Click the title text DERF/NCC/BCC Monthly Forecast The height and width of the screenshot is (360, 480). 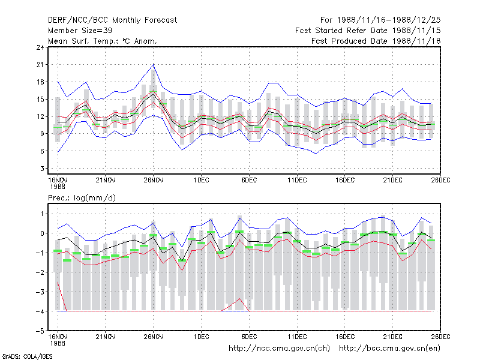coord(112,20)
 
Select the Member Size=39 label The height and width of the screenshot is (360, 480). coord(80,31)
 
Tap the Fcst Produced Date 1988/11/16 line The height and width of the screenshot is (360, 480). coord(376,41)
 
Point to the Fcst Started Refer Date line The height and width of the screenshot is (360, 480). coord(368,31)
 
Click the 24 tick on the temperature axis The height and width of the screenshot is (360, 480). coord(40,47)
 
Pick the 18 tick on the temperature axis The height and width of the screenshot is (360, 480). coord(40,82)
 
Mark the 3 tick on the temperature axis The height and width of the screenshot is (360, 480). coord(42,169)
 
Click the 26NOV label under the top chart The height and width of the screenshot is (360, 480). coord(154,180)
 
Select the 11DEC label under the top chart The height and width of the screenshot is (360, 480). coord(297,180)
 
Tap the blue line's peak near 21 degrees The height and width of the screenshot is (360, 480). coord(154,65)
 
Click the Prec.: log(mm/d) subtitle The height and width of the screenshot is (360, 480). coord(82,198)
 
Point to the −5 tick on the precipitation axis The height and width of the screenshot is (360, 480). coord(40,331)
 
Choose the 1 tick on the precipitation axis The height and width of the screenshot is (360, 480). coord(42,214)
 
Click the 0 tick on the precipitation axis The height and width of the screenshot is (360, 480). coord(42,233)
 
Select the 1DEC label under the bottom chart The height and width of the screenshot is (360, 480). coord(201,337)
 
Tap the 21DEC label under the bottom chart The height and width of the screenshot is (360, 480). coord(393,337)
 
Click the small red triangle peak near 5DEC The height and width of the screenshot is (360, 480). coord(239,298)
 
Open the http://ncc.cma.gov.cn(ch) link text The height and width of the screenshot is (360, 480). coord(279,349)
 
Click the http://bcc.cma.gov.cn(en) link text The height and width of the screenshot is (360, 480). coord(389,349)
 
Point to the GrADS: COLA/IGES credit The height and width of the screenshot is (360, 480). coord(27,356)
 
